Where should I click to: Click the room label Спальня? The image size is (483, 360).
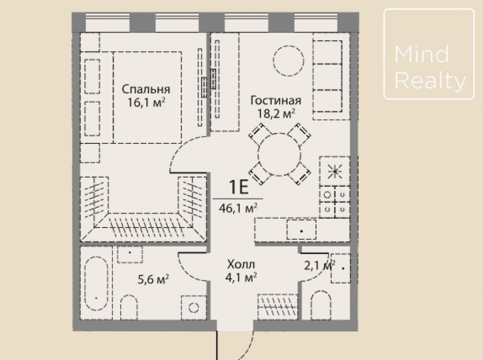click(x=146, y=90)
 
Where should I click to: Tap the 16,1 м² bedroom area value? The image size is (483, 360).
click(x=146, y=102)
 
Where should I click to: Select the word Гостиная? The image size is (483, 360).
click(x=276, y=100)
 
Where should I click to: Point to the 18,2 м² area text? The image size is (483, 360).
click(x=276, y=113)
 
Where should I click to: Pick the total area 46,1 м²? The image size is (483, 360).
click(x=238, y=209)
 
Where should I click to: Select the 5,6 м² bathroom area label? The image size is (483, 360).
click(x=153, y=279)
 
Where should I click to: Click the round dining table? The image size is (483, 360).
click(x=280, y=155)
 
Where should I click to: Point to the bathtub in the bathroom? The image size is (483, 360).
click(x=96, y=283)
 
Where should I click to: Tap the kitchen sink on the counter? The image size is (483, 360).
click(x=301, y=230)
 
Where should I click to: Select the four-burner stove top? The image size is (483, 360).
click(x=334, y=202)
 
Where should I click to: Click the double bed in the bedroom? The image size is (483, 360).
click(x=147, y=97)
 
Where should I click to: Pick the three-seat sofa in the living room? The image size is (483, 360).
click(x=331, y=77)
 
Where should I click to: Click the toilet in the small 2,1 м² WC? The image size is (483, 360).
click(x=320, y=305)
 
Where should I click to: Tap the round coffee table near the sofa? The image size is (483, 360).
click(x=288, y=61)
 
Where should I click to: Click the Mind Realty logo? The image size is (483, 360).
click(x=429, y=54)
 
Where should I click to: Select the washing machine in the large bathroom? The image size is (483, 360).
click(x=194, y=308)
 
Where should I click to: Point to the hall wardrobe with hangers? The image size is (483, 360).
click(x=278, y=307)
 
